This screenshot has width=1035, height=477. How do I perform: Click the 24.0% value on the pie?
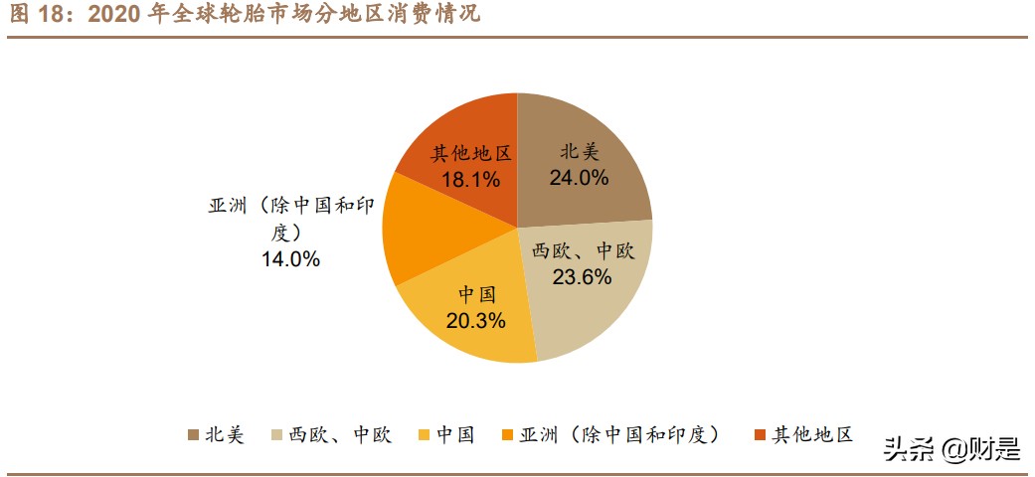(580, 178)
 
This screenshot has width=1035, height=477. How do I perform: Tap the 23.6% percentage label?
(582, 277)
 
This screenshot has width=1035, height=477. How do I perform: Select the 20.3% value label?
(477, 320)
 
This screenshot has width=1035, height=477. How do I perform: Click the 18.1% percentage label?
(470, 180)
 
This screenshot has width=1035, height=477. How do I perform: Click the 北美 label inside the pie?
(581, 152)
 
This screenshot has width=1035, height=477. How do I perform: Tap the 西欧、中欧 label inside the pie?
(583, 251)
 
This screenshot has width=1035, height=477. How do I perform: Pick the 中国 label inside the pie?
(477, 295)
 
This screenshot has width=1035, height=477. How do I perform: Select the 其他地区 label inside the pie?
(470, 154)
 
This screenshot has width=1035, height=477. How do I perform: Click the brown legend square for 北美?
(194, 435)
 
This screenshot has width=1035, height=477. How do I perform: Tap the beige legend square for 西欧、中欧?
(278, 435)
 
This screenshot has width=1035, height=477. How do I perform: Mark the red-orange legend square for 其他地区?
(761, 435)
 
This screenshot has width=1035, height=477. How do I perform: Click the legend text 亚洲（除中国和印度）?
(625, 434)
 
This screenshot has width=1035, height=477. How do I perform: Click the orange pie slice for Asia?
(418, 233)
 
